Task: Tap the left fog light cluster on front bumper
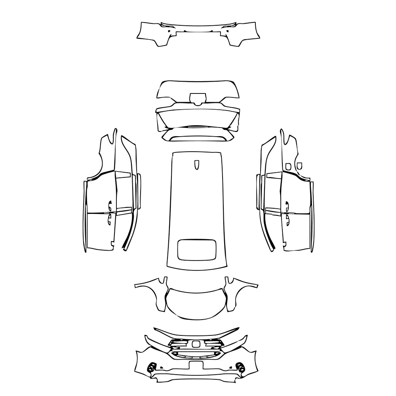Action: [x=151, y=367]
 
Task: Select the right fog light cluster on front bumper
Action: [x=239, y=367]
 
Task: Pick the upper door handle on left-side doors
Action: [x=110, y=205]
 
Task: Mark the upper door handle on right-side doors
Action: [x=286, y=205]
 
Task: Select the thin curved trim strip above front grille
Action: [x=197, y=332]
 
